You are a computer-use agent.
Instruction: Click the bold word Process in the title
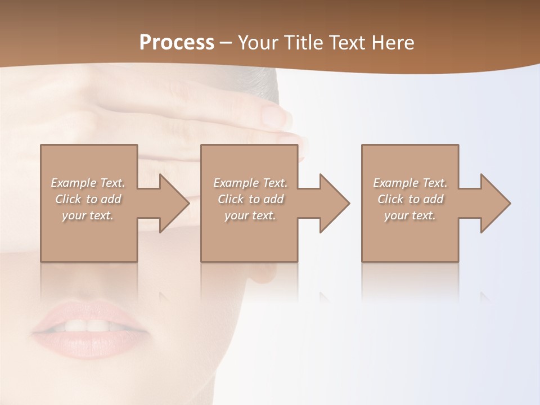[177, 43]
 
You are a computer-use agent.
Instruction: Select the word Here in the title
[392, 43]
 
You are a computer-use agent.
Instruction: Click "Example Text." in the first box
[88, 183]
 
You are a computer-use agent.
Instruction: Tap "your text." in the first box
[88, 215]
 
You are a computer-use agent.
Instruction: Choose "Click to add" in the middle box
[250, 199]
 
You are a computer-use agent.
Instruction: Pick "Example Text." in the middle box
[250, 183]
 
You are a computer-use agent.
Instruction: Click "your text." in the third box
[410, 215]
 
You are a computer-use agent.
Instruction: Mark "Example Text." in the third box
[410, 183]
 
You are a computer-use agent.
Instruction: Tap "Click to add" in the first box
[88, 199]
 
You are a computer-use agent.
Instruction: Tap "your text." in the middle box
[250, 215]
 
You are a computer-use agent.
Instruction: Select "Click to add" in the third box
[410, 199]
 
